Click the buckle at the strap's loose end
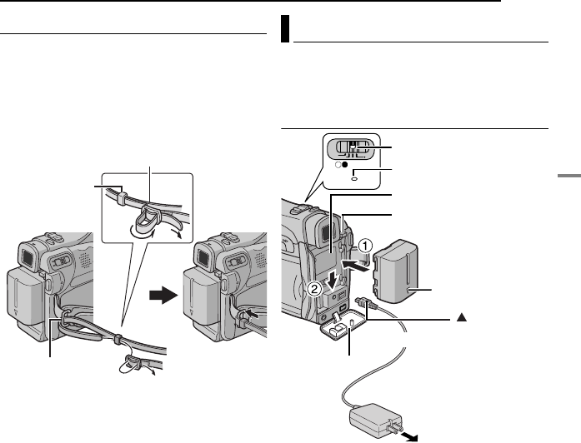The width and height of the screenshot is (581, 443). (x=133, y=363)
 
